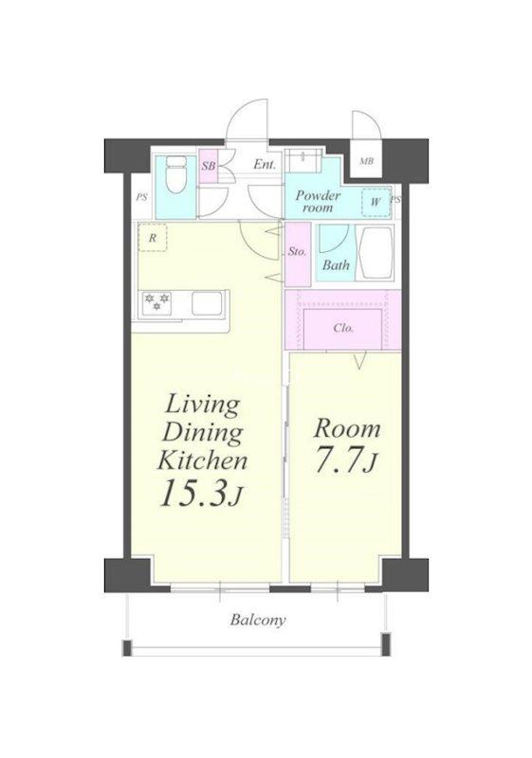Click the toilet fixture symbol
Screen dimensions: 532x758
[175, 175]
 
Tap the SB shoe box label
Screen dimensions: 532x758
[209, 166]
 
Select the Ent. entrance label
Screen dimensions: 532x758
[265, 164]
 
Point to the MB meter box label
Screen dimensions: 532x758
[366, 161]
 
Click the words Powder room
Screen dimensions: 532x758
[319, 202]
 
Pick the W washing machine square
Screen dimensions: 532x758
[376, 202]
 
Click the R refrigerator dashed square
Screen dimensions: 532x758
[153, 238]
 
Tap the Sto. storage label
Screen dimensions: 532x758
[297, 251]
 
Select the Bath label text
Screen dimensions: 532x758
[336, 264]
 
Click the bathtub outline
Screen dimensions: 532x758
[376, 253]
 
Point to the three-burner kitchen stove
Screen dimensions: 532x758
[157, 302]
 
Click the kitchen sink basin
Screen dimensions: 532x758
[207, 303]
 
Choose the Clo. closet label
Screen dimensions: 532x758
[343, 328]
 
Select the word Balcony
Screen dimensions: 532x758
[258, 621]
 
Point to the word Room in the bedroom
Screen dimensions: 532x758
[347, 429]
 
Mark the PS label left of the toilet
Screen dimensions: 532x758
[141, 197]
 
